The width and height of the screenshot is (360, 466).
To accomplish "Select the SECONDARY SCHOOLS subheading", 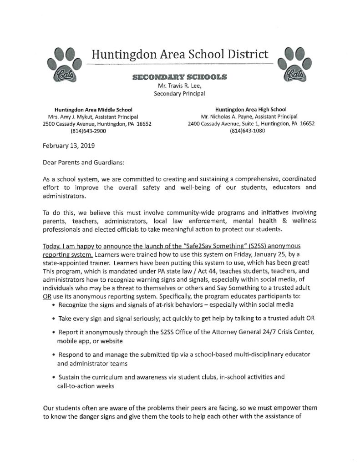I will tap(178, 78).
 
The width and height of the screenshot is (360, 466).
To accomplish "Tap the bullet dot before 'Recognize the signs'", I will tap(54, 304).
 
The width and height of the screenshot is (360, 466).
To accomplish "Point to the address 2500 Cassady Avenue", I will tap(71, 123).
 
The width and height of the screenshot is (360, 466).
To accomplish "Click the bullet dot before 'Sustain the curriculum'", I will tap(54, 377).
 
